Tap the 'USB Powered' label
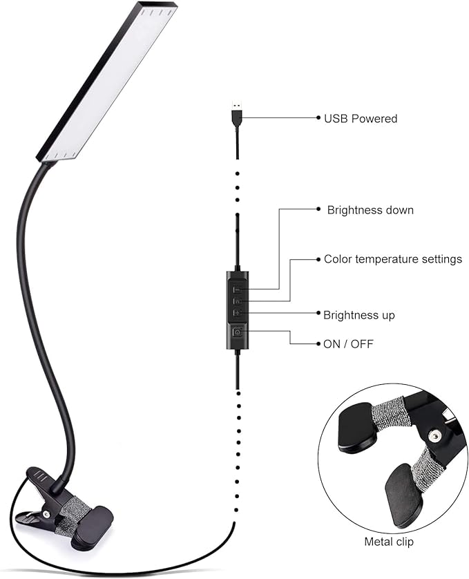pyautogui.click(x=361, y=119)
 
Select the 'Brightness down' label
pyautogui.click(x=370, y=209)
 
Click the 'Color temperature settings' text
pyautogui.click(x=392, y=259)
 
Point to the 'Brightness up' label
pyautogui.click(x=359, y=315)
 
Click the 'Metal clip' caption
pyautogui.click(x=389, y=542)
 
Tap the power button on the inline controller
pyautogui.click(x=238, y=333)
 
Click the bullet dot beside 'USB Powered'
pyautogui.click(x=318, y=118)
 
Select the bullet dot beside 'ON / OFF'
pyautogui.click(x=318, y=343)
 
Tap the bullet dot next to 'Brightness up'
pyautogui.click(x=317, y=314)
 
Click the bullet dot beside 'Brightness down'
pyautogui.click(x=318, y=209)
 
